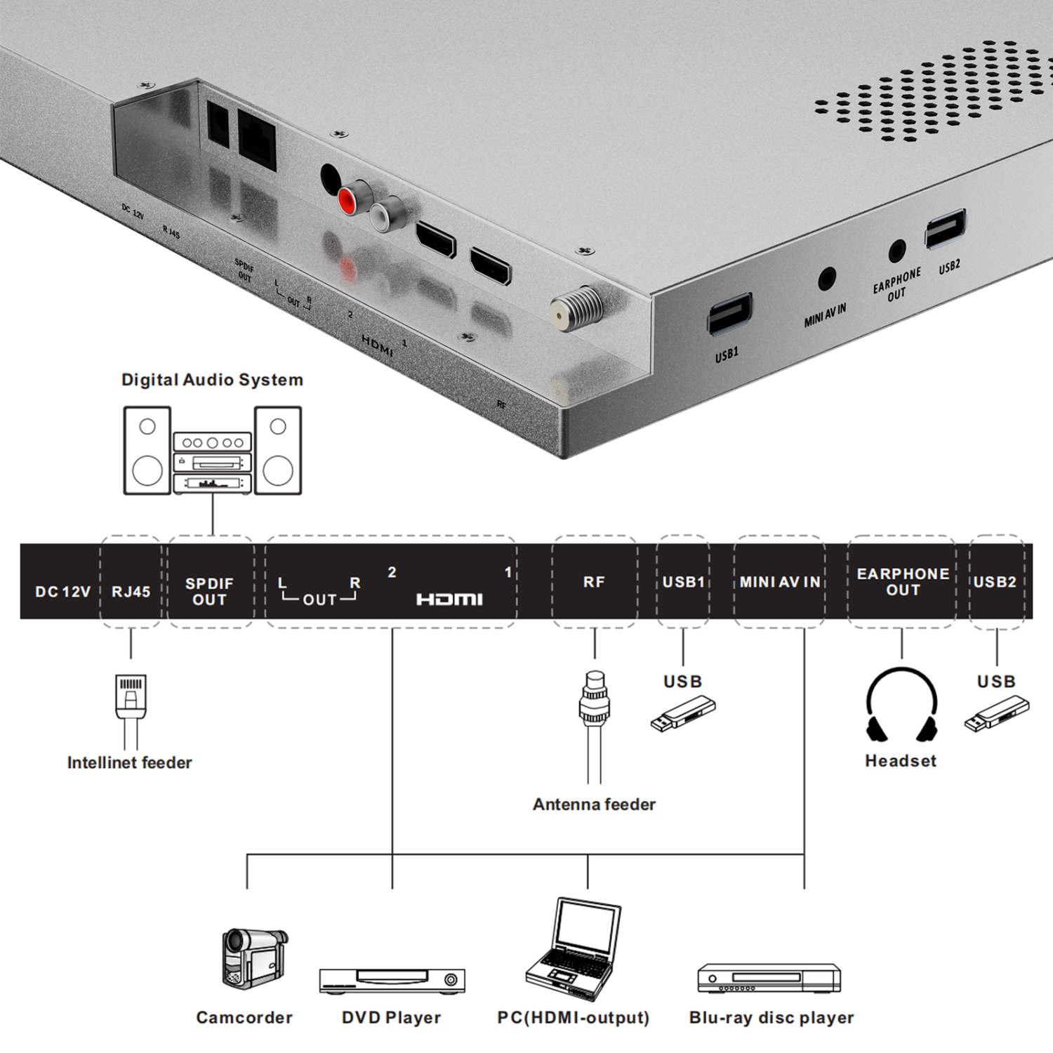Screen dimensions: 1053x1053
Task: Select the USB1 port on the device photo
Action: tap(729, 314)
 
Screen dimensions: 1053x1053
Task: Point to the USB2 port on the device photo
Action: tap(945, 228)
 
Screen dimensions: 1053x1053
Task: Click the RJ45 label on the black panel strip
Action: tap(131, 592)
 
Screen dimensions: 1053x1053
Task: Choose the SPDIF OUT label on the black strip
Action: tap(209, 592)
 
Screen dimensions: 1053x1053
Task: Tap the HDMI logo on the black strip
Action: tap(449, 599)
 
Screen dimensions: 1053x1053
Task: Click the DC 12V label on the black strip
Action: tap(62, 592)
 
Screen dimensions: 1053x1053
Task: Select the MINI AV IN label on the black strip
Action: tap(779, 582)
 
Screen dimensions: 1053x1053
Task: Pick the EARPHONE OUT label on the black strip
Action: tap(903, 582)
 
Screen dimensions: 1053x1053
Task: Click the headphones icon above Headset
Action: tap(901, 705)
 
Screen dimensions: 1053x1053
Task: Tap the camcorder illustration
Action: tap(253, 958)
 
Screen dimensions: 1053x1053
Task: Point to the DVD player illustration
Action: tap(392, 981)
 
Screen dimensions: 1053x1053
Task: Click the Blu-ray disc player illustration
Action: tap(769, 978)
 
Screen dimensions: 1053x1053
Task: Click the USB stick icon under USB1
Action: tap(683, 715)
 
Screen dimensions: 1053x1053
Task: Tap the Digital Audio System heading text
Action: tap(212, 380)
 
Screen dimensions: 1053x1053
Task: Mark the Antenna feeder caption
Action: tap(594, 804)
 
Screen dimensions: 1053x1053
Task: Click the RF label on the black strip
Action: tap(594, 582)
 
